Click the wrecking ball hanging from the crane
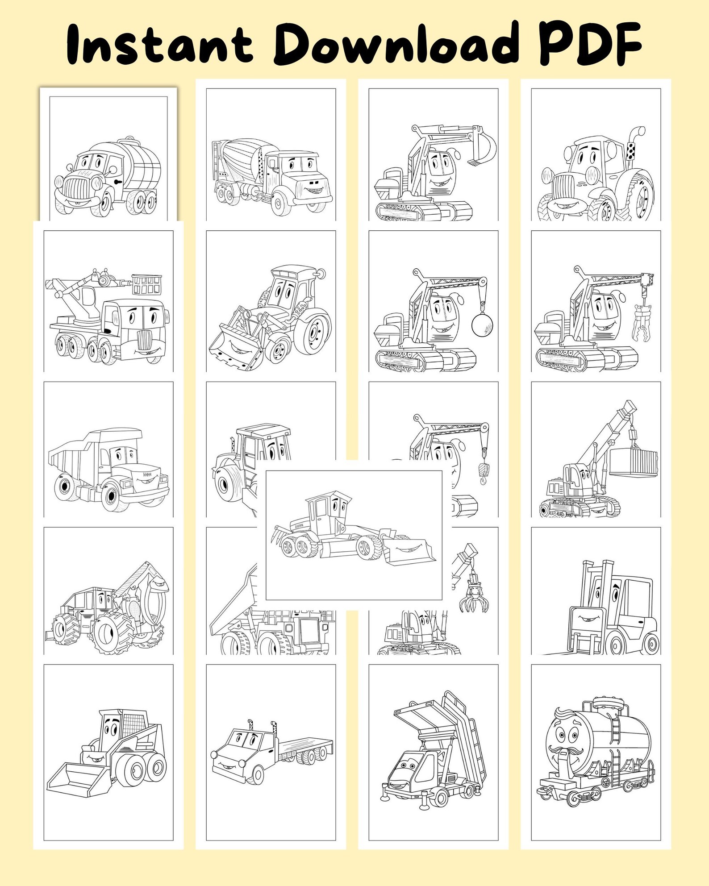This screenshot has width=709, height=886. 482,324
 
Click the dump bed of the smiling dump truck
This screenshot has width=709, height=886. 71,455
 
